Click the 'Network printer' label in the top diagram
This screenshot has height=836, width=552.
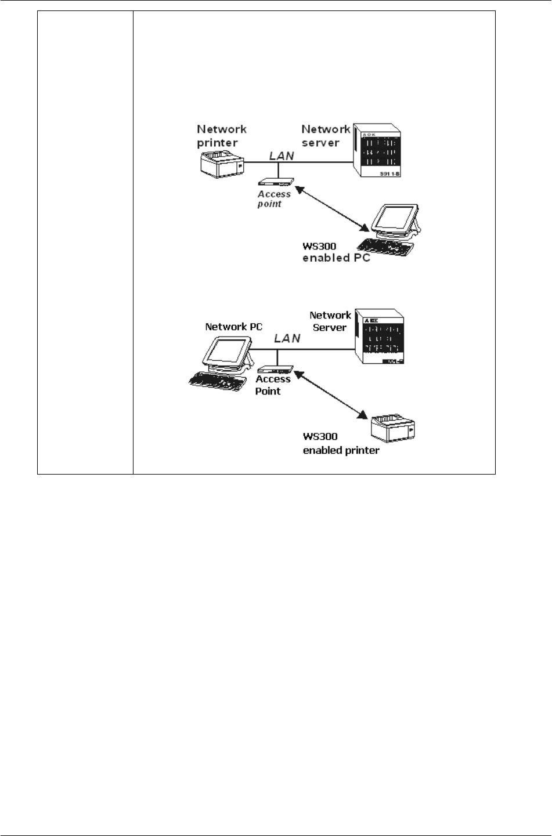[221, 136]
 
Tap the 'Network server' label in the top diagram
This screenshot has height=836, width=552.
[324, 136]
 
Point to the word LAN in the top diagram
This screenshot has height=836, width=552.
[281, 155]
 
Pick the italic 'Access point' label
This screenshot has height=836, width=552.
[273, 199]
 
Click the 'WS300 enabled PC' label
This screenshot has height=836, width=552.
[335, 252]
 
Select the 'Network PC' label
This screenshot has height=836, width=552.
[233, 327]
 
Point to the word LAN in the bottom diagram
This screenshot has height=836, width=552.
[287, 338]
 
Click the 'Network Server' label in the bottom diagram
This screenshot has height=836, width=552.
[330, 321]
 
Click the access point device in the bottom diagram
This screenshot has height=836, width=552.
[275, 369]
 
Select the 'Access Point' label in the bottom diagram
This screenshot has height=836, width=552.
[273, 385]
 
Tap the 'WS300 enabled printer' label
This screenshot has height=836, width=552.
[341, 444]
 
